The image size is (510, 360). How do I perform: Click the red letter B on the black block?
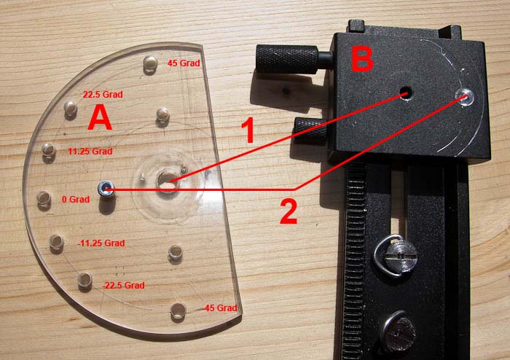(x=362, y=58)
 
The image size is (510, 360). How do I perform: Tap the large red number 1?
(x=248, y=130)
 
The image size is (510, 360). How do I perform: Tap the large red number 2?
(x=289, y=212)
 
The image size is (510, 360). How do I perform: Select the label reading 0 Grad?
(x=76, y=200)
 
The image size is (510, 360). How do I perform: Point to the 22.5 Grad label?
(x=103, y=95)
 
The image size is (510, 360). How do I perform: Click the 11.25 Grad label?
(x=90, y=152)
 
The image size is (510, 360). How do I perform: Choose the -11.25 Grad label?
(x=101, y=243)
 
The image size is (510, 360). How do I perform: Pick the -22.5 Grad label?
(x=123, y=286)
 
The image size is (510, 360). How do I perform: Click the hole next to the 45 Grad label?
(x=150, y=63)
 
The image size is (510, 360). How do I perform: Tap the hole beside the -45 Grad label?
(x=178, y=310)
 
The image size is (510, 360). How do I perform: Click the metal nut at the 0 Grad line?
(x=106, y=189)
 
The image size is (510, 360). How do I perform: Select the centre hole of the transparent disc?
(x=167, y=181)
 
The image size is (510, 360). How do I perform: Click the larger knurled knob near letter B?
(x=287, y=59)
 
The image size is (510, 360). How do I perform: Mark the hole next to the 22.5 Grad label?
(x=70, y=108)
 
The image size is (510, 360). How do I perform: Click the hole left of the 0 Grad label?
(x=43, y=197)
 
